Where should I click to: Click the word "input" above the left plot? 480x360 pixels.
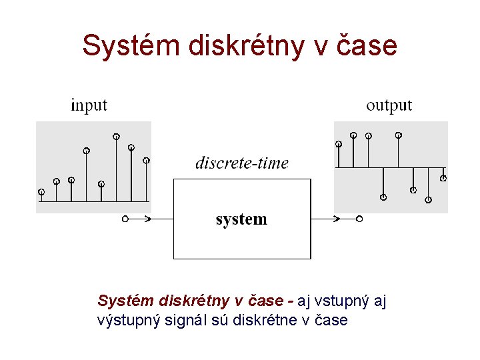[x=89, y=105]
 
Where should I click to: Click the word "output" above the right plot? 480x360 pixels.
[x=389, y=105]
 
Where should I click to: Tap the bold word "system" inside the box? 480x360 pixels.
[x=241, y=219]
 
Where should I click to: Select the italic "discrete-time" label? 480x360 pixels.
[x=242, y=163]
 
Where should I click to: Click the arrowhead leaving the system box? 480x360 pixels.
[x=336, y=219]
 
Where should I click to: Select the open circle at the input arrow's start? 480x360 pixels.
[x=125, y=219]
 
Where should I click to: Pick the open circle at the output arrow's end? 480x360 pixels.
[x=359, y=219]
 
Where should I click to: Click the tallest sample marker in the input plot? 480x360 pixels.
[x=116, y=137]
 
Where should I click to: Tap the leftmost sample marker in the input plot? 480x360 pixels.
[x=41, y=192]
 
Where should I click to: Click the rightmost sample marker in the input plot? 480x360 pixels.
[x=147, y=160]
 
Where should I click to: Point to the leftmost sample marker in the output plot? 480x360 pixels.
[x=339, y=143]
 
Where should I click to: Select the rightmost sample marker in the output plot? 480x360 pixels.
[x=443, y=178]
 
